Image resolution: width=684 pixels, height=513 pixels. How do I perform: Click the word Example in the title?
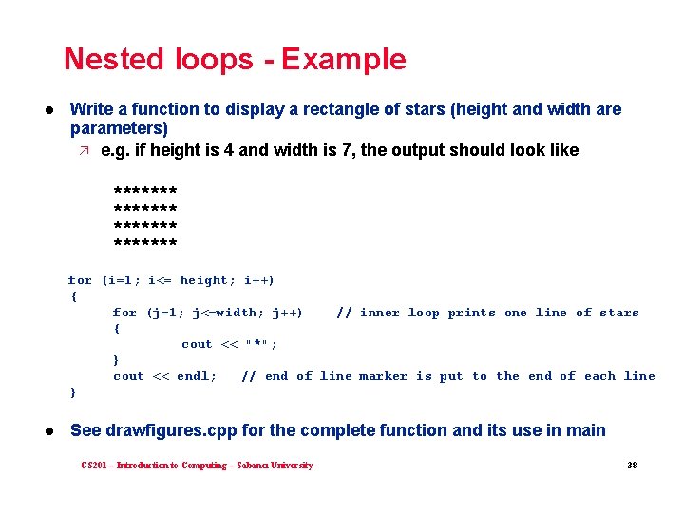(344, 59)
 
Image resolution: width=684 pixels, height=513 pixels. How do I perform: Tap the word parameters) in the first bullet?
(119, 128)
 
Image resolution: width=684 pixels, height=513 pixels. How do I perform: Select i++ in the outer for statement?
(258, 280)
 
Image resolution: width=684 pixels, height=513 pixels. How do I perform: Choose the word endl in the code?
(195, 376)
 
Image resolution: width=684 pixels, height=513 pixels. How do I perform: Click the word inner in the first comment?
(381, 313)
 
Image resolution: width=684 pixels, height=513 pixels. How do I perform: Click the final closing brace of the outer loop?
(73, 392)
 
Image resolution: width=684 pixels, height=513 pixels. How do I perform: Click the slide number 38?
(632, 465)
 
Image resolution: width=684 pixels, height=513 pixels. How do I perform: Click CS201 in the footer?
(94, 465)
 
